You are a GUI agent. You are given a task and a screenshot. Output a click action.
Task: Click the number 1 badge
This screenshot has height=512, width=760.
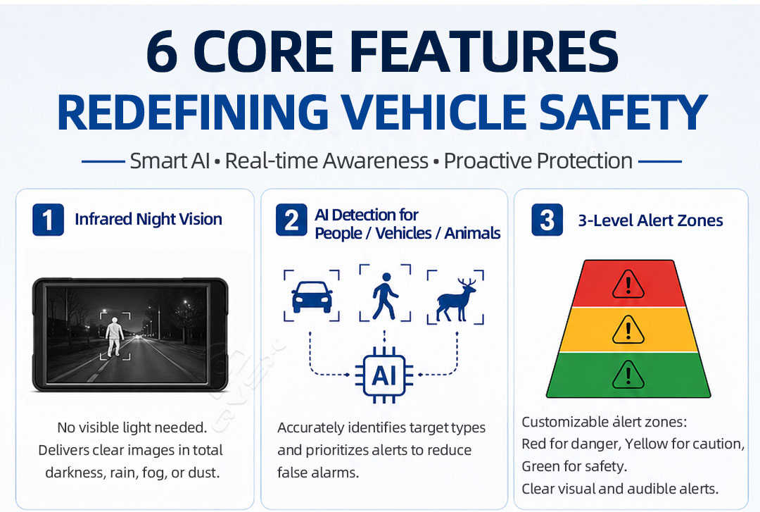tap(48, 220)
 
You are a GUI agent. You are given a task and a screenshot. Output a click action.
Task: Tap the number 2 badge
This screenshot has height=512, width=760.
tap(291, 220)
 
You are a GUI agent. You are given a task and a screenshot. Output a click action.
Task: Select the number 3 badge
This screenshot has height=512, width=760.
tap(547, 220)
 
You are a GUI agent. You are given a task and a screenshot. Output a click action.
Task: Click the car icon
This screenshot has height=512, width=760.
tap(312, 296)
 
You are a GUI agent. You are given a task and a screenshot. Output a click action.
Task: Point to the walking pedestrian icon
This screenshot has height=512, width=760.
tap(386, 296)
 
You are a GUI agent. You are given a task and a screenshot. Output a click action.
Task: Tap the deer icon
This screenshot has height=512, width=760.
tap(456, 299)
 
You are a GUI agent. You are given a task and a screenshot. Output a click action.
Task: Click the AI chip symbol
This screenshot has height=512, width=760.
tap(384, 375)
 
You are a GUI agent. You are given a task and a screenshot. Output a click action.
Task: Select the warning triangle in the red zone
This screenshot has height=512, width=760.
tap(628, 284)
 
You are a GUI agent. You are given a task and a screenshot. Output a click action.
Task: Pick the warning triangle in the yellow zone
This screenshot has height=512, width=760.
tap(628, 330)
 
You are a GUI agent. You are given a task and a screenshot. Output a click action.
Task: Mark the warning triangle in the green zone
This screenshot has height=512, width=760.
tap(628, 375)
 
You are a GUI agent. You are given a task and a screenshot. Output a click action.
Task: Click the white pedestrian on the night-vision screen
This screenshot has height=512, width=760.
tap(115, 337)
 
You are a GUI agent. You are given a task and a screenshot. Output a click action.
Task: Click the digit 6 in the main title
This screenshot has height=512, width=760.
tap(162, 52)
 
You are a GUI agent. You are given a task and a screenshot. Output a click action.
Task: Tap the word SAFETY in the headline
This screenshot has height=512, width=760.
tap(623, 112)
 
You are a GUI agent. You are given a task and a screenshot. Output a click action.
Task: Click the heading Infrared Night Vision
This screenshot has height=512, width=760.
tap(148, 219)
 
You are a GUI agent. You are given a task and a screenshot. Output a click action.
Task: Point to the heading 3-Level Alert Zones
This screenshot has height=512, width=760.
tap(650, 220)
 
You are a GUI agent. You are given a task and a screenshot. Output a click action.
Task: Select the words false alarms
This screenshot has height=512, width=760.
tap(318, 472)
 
